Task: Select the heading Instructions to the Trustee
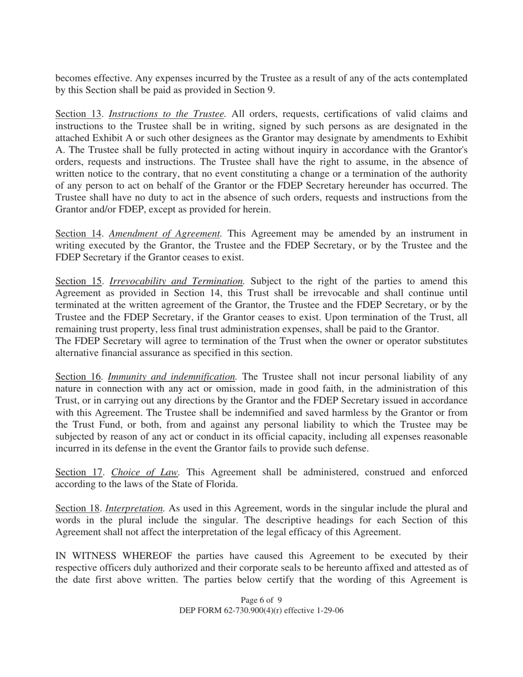tap(167, 114)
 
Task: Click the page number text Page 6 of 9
tap(261, 600)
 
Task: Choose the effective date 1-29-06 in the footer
tap(328, 610)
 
